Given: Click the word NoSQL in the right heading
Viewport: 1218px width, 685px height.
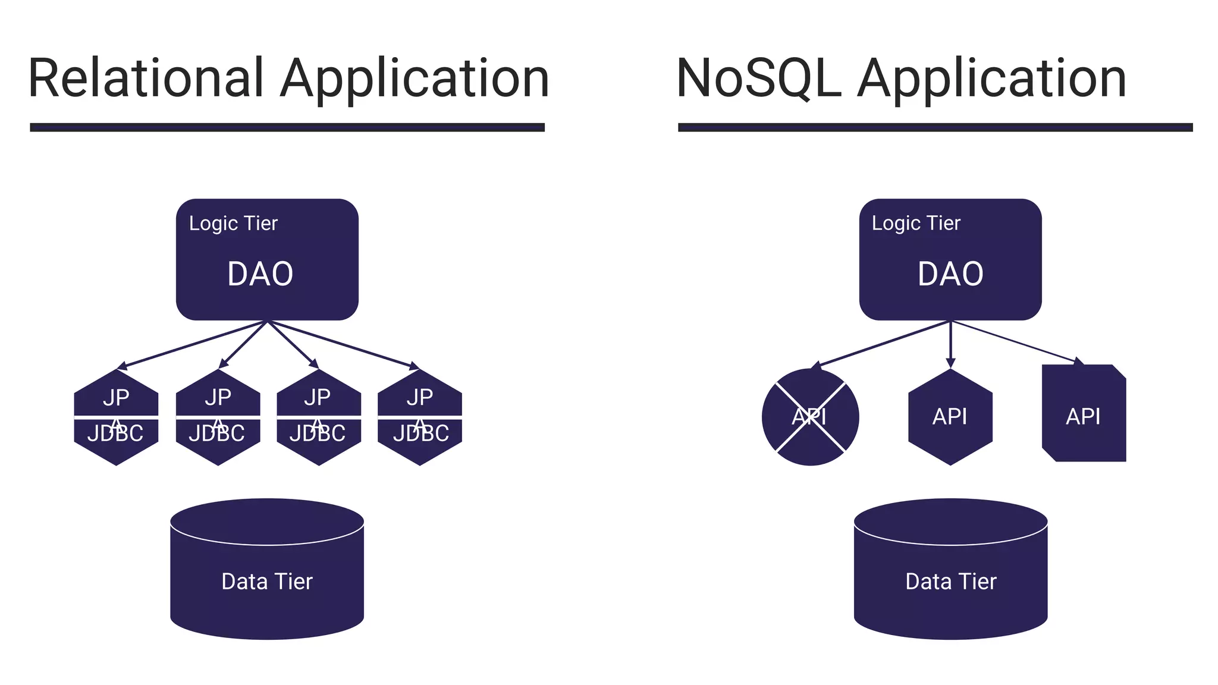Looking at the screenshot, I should coord(758,78).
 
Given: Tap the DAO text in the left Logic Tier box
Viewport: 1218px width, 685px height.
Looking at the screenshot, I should coord(260,274).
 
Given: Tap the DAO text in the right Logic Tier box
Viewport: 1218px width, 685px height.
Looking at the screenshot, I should coord(950,274).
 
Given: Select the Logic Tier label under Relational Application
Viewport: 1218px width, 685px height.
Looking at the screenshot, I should coord(233,224).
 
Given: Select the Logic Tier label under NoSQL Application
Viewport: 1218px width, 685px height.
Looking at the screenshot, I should coord(916,224).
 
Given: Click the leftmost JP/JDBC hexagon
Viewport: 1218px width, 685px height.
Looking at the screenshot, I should coord(116,417).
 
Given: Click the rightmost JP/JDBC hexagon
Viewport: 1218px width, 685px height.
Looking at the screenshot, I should coord(420,417).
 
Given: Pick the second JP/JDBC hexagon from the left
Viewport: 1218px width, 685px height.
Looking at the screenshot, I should coord(218,417).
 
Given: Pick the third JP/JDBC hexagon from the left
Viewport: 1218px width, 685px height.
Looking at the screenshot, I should coord(319,417).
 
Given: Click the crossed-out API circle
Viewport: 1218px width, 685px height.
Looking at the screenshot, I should coord(810,417).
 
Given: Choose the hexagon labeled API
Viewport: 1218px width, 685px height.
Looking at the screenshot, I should coord(950,417).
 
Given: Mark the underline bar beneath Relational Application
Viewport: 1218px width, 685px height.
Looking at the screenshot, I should coord(287,127).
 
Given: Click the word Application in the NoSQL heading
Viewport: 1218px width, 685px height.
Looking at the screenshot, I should coord(991,78).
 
